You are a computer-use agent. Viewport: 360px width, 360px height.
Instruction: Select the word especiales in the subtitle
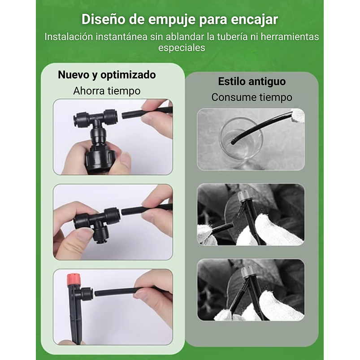182,48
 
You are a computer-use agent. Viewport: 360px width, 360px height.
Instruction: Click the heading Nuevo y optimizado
107,75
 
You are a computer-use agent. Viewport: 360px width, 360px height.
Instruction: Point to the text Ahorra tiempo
107,91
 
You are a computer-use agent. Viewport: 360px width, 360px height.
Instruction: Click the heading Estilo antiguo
252,82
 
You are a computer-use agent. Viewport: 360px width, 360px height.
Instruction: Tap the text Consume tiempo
252,97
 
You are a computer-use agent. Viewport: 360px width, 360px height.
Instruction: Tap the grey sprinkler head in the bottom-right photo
246,272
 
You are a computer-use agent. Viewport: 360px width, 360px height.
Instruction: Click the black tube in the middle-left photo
143,209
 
